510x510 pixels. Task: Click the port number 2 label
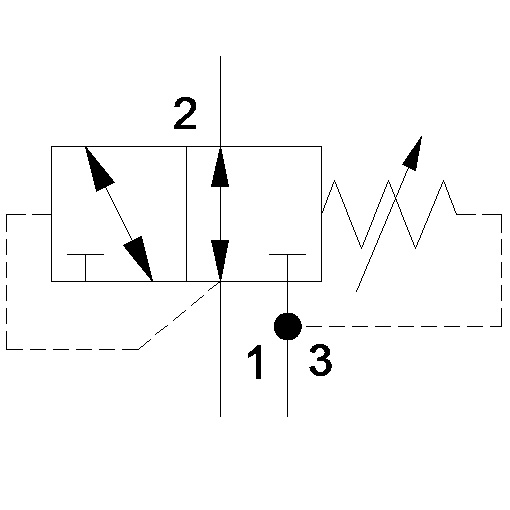185,113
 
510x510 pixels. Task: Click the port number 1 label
256,362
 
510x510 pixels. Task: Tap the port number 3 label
320,360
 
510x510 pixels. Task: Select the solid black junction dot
288,326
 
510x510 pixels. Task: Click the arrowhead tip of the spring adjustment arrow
422,136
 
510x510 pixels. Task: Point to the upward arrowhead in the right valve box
220,167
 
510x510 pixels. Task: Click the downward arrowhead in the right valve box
220,260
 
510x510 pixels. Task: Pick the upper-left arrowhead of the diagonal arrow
98,168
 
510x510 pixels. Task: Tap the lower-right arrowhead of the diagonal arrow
139,258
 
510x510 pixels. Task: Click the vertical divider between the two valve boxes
186,214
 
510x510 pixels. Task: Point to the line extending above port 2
220,101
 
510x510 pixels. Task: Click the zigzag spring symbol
389,214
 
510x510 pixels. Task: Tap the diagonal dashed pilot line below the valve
179,315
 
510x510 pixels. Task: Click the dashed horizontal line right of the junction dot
404,326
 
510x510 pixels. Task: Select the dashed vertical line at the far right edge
501,270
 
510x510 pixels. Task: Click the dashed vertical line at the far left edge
7,282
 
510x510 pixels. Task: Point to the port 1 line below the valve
220,349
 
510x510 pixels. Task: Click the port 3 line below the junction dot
288,378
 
